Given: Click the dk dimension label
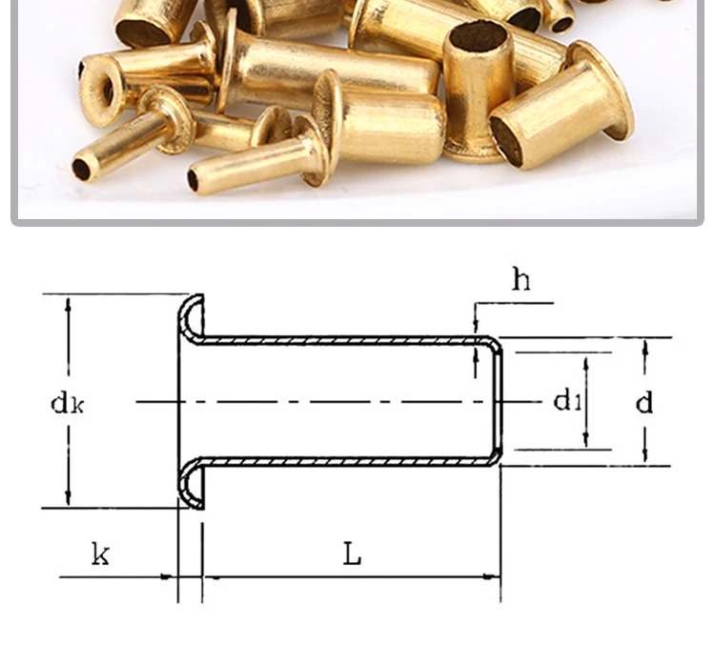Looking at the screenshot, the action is click(x=67, y=403).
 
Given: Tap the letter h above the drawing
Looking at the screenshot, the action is click(x=521, y=279).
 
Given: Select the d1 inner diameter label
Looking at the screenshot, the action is click(x=567, y=401).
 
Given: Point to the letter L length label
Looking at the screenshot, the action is click(x=352, y=554).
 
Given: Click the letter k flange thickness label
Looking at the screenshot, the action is click(x=100, y=554).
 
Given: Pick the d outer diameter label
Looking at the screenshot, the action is click(x=643, y=402).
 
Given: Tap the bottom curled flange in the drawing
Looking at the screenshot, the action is click(x=190, y=483).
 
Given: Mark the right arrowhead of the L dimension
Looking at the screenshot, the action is click(x=492, y=577).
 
